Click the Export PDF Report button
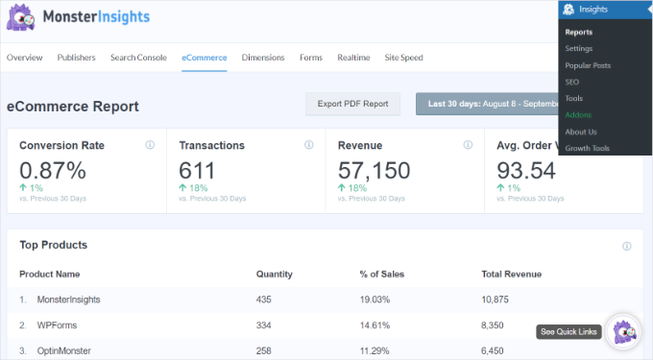click(353, 104)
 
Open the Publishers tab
click(76, 58)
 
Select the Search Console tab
click(138, 58)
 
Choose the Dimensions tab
click(263, 58)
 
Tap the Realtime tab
click(353, 58)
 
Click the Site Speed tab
click(403, 58)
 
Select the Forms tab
click(310, 58)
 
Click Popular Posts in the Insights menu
click(588, 65)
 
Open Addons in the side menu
click(578, 115)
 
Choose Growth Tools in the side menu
click(588, 149)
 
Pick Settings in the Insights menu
click(579, 49)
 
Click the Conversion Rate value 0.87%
click(53, 171)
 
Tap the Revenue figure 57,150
click(374, 171)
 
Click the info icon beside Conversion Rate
click(150, 145)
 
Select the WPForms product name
click(58, 325)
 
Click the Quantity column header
click(274, 274)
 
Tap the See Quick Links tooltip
click(569, 332)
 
